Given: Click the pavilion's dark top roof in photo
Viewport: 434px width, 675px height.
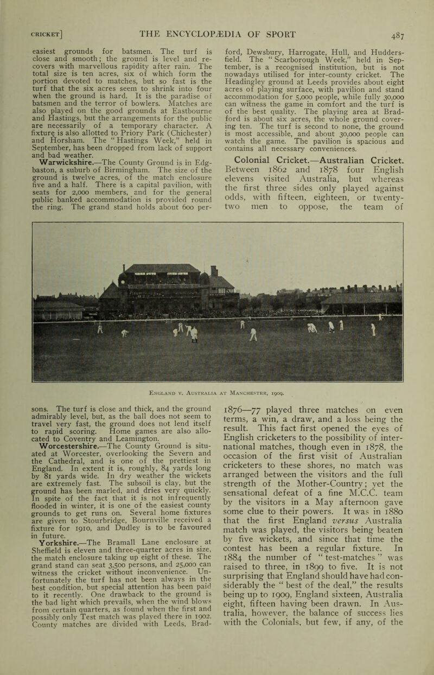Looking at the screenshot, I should pyautogui.click(x=151, y=269).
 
